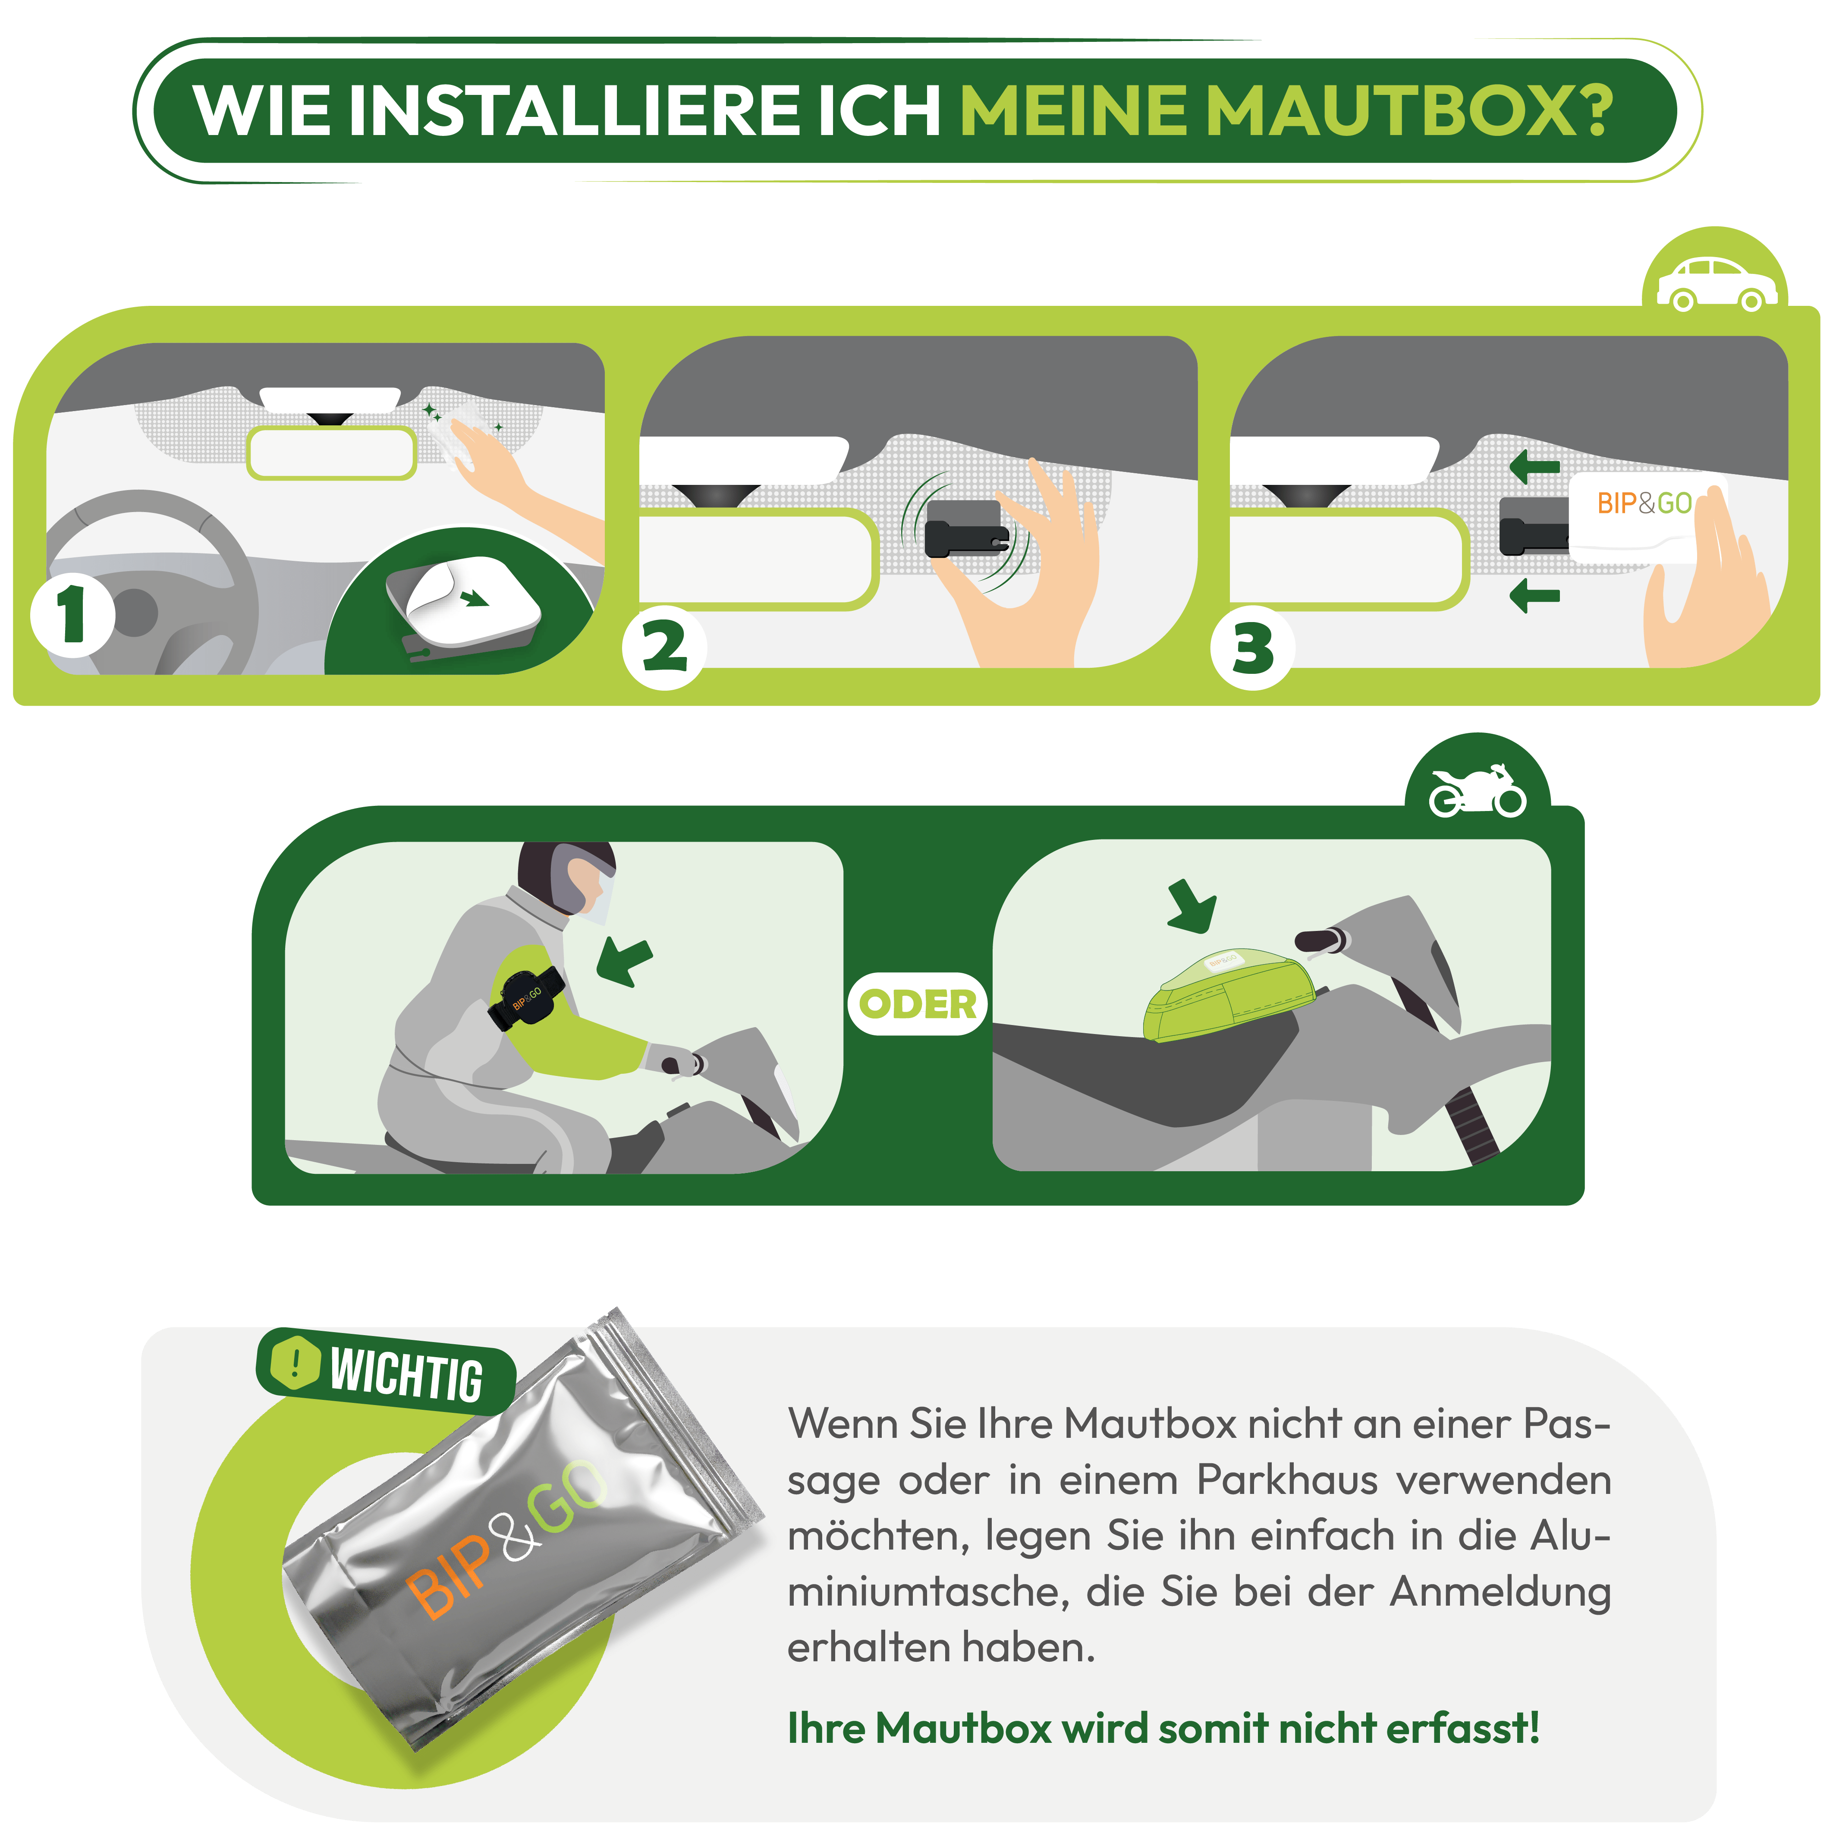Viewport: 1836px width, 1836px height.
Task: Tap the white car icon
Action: (1716, 283)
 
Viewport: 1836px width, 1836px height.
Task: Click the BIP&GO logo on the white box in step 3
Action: (1644, 503)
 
